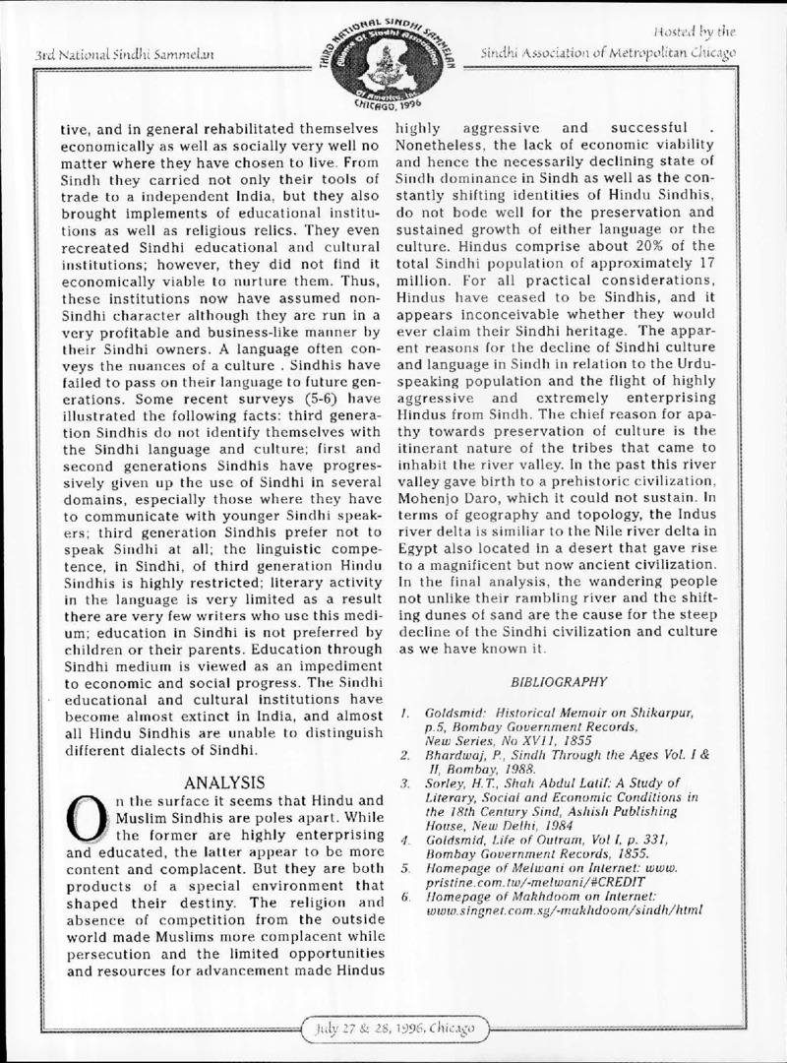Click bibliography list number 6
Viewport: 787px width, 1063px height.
[x=405, y=898]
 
